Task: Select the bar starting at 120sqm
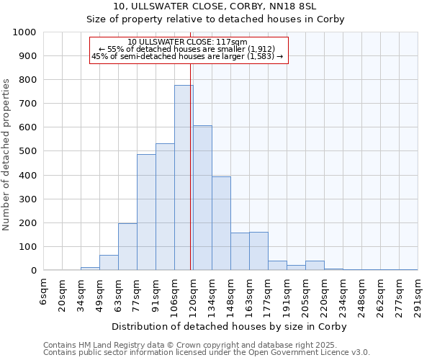[202, 198]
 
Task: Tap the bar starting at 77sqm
[146, 212]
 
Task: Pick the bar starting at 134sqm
[221, 223]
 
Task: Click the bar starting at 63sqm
[127, 247]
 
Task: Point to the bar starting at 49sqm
[109, 263]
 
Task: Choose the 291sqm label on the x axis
[418, 295]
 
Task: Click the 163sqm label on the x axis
[250, 295]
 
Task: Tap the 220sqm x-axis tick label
[324, 295]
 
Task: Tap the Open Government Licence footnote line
[207, 353]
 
